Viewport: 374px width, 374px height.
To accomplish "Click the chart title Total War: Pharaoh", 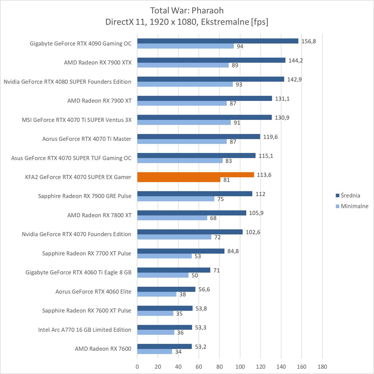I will [187, 10].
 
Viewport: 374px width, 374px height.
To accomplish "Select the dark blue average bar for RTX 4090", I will [218, 41].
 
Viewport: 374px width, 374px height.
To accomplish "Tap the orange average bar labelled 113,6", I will [195, 175].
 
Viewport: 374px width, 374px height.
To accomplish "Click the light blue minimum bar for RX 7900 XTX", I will [183, 65].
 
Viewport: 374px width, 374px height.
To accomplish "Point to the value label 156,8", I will [309, 41].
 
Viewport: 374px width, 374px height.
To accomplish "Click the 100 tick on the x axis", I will [240, 367].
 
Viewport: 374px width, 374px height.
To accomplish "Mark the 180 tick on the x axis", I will [322, 367].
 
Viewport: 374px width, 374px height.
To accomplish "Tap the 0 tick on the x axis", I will [137, 367].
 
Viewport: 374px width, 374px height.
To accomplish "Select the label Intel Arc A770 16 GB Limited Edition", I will [84, 329].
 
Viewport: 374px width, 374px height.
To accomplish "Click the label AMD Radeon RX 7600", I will [103, 348].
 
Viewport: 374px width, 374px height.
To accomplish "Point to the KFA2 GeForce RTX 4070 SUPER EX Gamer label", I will [78, 177].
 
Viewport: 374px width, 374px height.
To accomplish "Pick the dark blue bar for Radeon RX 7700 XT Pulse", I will [181, 251].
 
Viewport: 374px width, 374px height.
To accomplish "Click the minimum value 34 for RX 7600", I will [178, 352].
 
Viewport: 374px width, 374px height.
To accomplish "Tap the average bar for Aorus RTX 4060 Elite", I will [166, 289].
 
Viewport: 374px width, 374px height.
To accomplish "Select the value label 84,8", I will [233, 251].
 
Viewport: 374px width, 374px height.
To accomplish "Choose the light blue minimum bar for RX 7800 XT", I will [172, 218].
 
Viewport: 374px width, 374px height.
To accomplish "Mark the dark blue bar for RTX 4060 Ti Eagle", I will [174, 270].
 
